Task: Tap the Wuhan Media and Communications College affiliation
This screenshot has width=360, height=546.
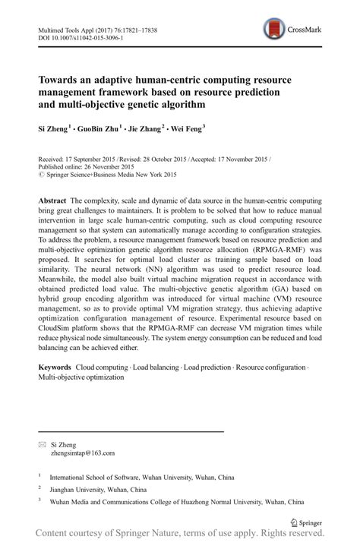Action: click(177, 503)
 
